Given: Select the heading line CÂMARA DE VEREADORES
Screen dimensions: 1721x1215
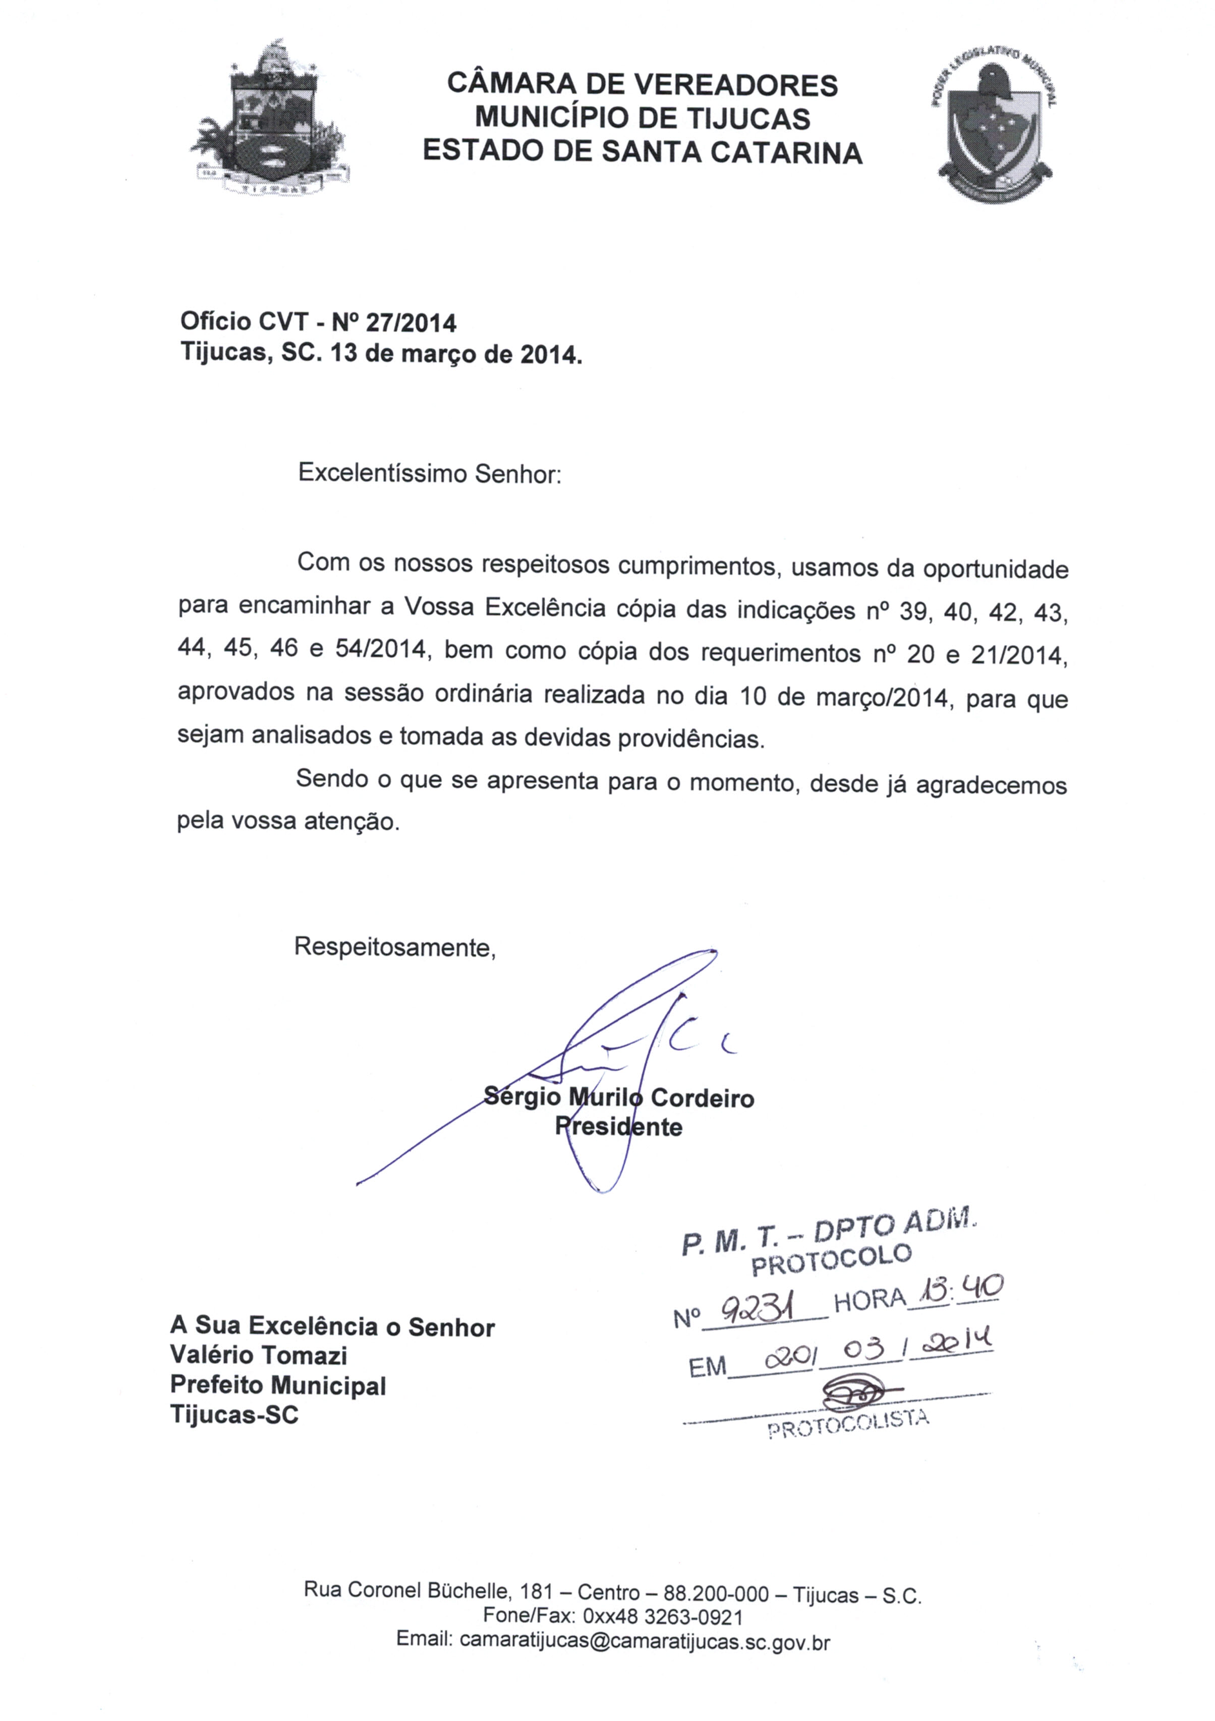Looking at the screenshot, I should [642, 85].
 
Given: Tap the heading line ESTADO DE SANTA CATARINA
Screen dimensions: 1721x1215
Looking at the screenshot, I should [642, 152].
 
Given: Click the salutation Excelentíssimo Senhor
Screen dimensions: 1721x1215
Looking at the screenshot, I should [429, 474].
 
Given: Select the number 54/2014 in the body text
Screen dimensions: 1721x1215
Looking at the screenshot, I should [380, 649].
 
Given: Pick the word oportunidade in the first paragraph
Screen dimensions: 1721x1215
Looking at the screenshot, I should [995, 570].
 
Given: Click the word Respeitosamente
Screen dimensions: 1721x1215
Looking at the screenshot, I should [394, 947].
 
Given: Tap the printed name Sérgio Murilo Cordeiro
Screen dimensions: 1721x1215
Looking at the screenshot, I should [619, 1098].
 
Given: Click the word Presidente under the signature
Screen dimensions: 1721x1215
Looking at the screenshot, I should [619, 1127].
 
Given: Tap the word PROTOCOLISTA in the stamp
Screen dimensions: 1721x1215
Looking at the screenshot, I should [848, 1424].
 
